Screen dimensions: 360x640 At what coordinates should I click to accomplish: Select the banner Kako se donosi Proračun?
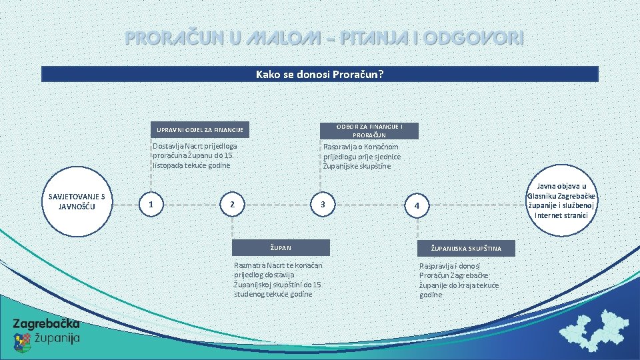(320, 74)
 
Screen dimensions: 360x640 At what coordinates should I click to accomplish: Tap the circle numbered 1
(153, 204)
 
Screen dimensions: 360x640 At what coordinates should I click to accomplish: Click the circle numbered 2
(232, 204)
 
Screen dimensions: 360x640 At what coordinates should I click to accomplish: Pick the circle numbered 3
(323, 204)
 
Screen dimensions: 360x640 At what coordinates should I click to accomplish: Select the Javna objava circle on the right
(561, 201)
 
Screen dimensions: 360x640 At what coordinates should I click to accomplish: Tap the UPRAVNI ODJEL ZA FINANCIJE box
(199, 129)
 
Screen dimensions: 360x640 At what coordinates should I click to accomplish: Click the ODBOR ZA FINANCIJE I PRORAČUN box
(369, 131)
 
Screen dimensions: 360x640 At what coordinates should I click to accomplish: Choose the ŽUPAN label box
(281, 247)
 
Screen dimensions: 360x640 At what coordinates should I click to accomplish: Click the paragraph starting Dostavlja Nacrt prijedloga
(195, 155)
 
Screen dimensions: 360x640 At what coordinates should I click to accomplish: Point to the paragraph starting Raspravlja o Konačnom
(362, 156)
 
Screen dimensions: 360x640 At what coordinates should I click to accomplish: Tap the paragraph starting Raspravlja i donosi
(459, 280)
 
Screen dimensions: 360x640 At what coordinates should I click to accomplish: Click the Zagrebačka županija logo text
(47, 324)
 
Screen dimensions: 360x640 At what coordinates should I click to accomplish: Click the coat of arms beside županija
(23, 341)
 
